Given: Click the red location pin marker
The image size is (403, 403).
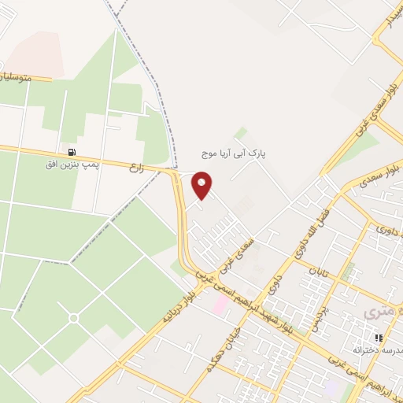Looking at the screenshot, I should [202, 186].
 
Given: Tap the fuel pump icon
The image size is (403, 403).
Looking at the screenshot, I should [72, 152].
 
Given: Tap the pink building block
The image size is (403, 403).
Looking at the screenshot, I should [222, 303].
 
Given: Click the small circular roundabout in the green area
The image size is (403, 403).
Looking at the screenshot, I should [73, 318].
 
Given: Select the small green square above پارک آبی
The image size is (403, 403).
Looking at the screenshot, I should [241, 132].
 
